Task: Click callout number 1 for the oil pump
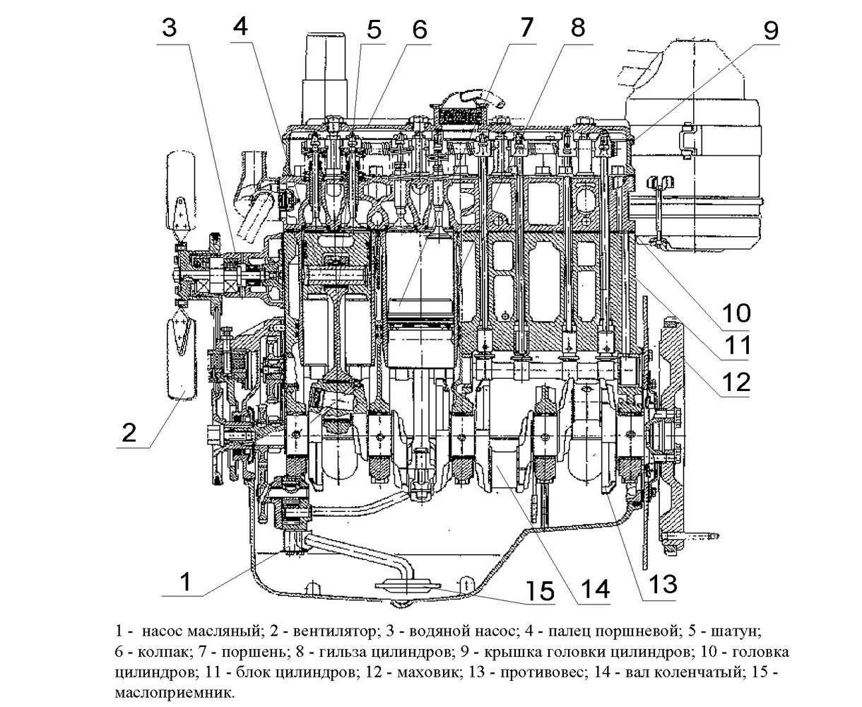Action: coord(184,583)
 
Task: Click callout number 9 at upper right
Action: coord(769,30)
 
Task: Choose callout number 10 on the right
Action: coord(735,311)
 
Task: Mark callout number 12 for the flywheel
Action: coord(735,382)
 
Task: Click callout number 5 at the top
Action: coord(373,30)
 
